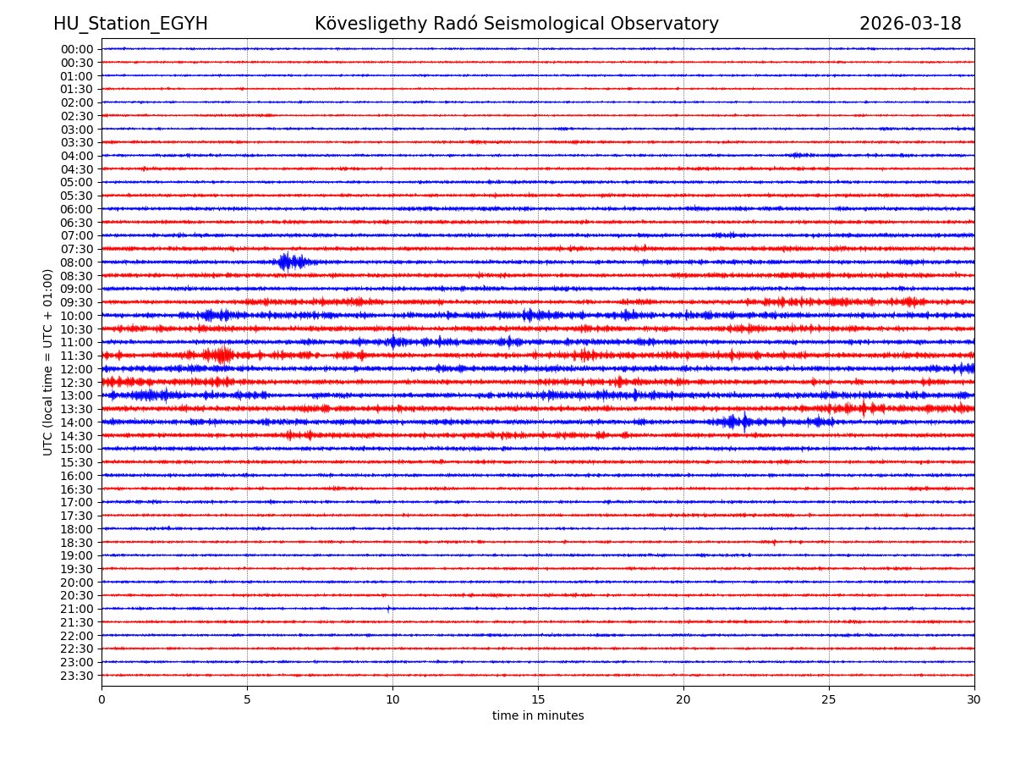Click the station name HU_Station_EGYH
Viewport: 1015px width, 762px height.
(130, 24)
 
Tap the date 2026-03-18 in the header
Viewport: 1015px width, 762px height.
(910, 24)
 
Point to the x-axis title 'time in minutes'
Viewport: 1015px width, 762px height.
(538, 716)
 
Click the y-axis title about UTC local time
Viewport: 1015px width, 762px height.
(48, 362)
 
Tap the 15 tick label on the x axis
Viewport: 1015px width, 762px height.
(538, 700)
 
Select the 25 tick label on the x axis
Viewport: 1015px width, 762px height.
(829, 700)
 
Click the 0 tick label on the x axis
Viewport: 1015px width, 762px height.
(101, 700)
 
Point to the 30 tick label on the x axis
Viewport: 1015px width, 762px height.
(974, 700)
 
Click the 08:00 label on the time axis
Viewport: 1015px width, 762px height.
(76, 262)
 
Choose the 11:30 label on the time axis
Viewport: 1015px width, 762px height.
(76, 356)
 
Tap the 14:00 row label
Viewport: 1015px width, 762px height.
(76, 422)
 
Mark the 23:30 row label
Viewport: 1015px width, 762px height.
(76, 676)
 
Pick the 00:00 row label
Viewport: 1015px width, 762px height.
(76, 49)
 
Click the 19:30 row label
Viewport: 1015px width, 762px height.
(76, 569)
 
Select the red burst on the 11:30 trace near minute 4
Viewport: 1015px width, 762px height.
(221, 355)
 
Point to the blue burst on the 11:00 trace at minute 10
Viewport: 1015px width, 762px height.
(393, 342)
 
